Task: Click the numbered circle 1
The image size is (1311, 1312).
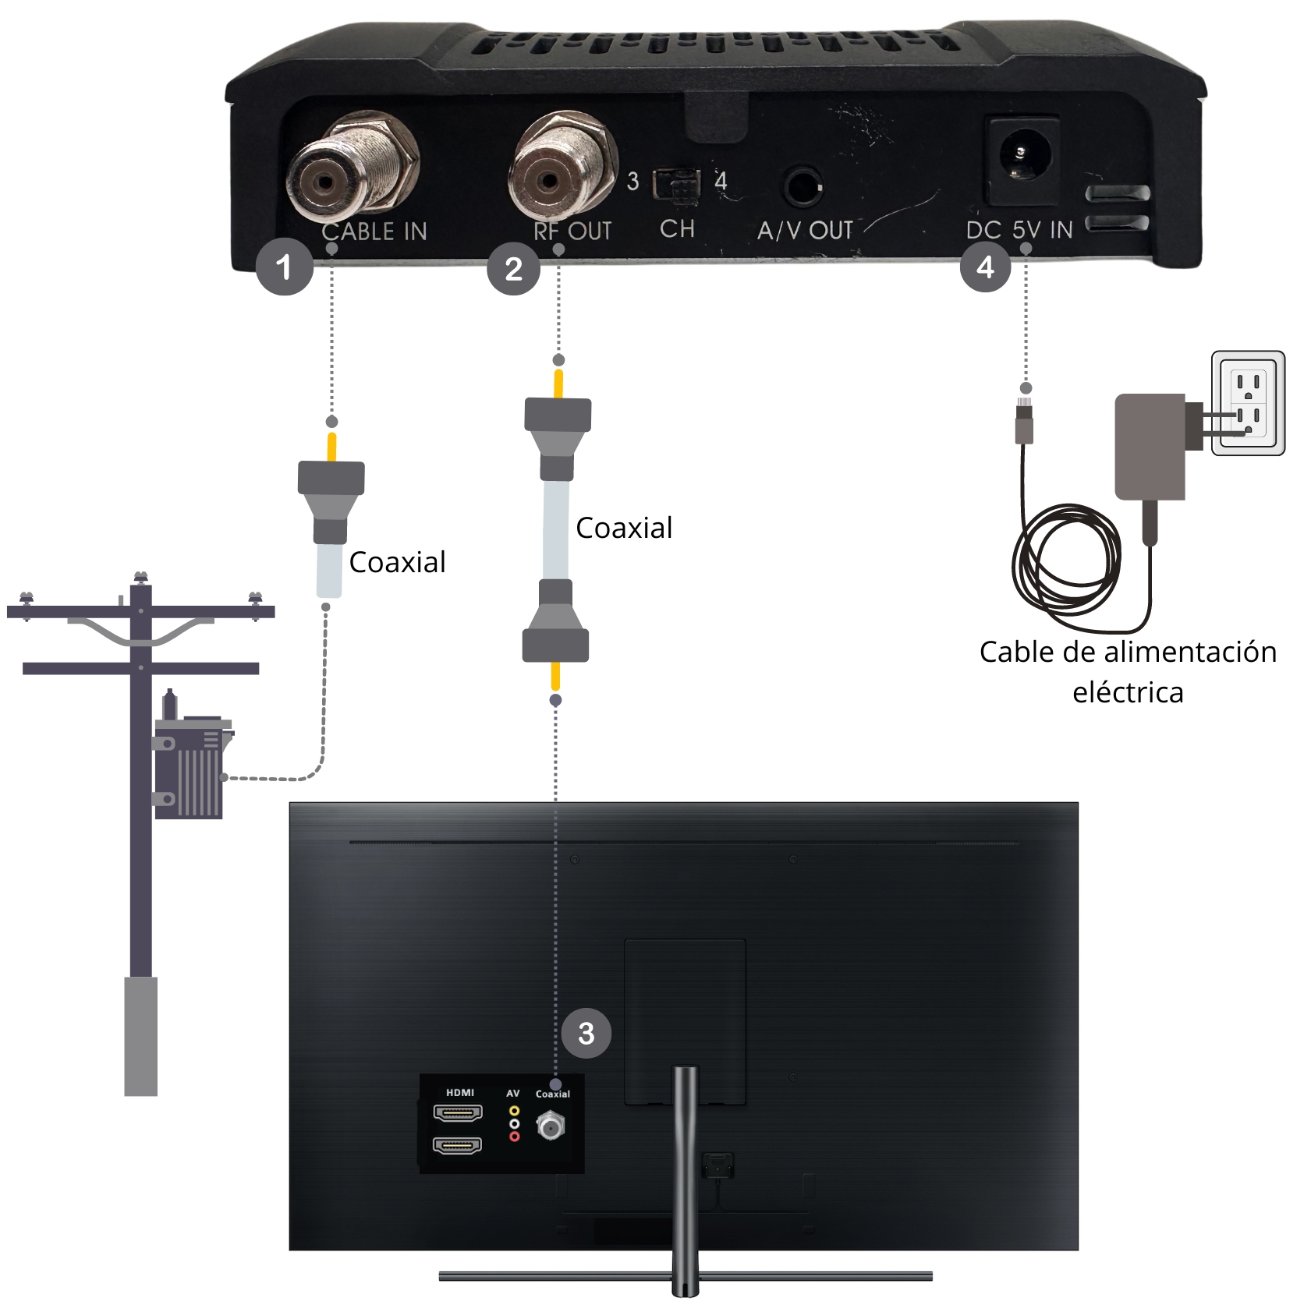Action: click(x=284, y=267)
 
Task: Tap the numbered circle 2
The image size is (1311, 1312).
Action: click(x=513, y=268)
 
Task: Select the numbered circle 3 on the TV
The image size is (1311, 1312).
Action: click(x=586, y=1033)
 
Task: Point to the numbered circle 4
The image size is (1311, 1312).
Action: click(x=986, y=267)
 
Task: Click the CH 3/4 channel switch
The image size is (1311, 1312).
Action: click(x=676, y=184)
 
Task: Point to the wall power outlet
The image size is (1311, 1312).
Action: click(x=1248, y=403)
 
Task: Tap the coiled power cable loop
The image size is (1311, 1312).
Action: click(x=1066, y=561)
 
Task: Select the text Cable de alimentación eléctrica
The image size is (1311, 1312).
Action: click(x=1128, y=671)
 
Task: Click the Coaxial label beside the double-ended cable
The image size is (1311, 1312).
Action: click(x=624, y=528)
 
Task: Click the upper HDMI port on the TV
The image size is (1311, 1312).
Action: click(x=458, y=1112)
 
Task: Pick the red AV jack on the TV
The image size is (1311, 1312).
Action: click(x=514, y=1137)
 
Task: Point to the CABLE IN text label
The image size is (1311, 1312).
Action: click(x=374, y=231)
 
